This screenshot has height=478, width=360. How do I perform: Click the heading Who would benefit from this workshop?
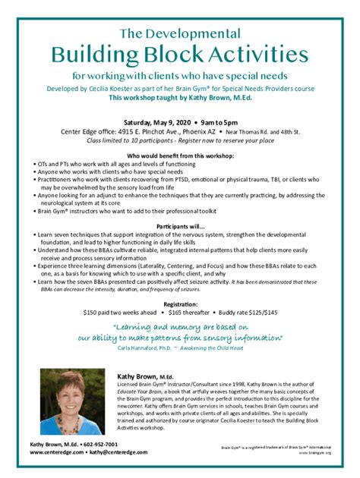pos(180,155)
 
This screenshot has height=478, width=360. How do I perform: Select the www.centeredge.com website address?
pos(56,452)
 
